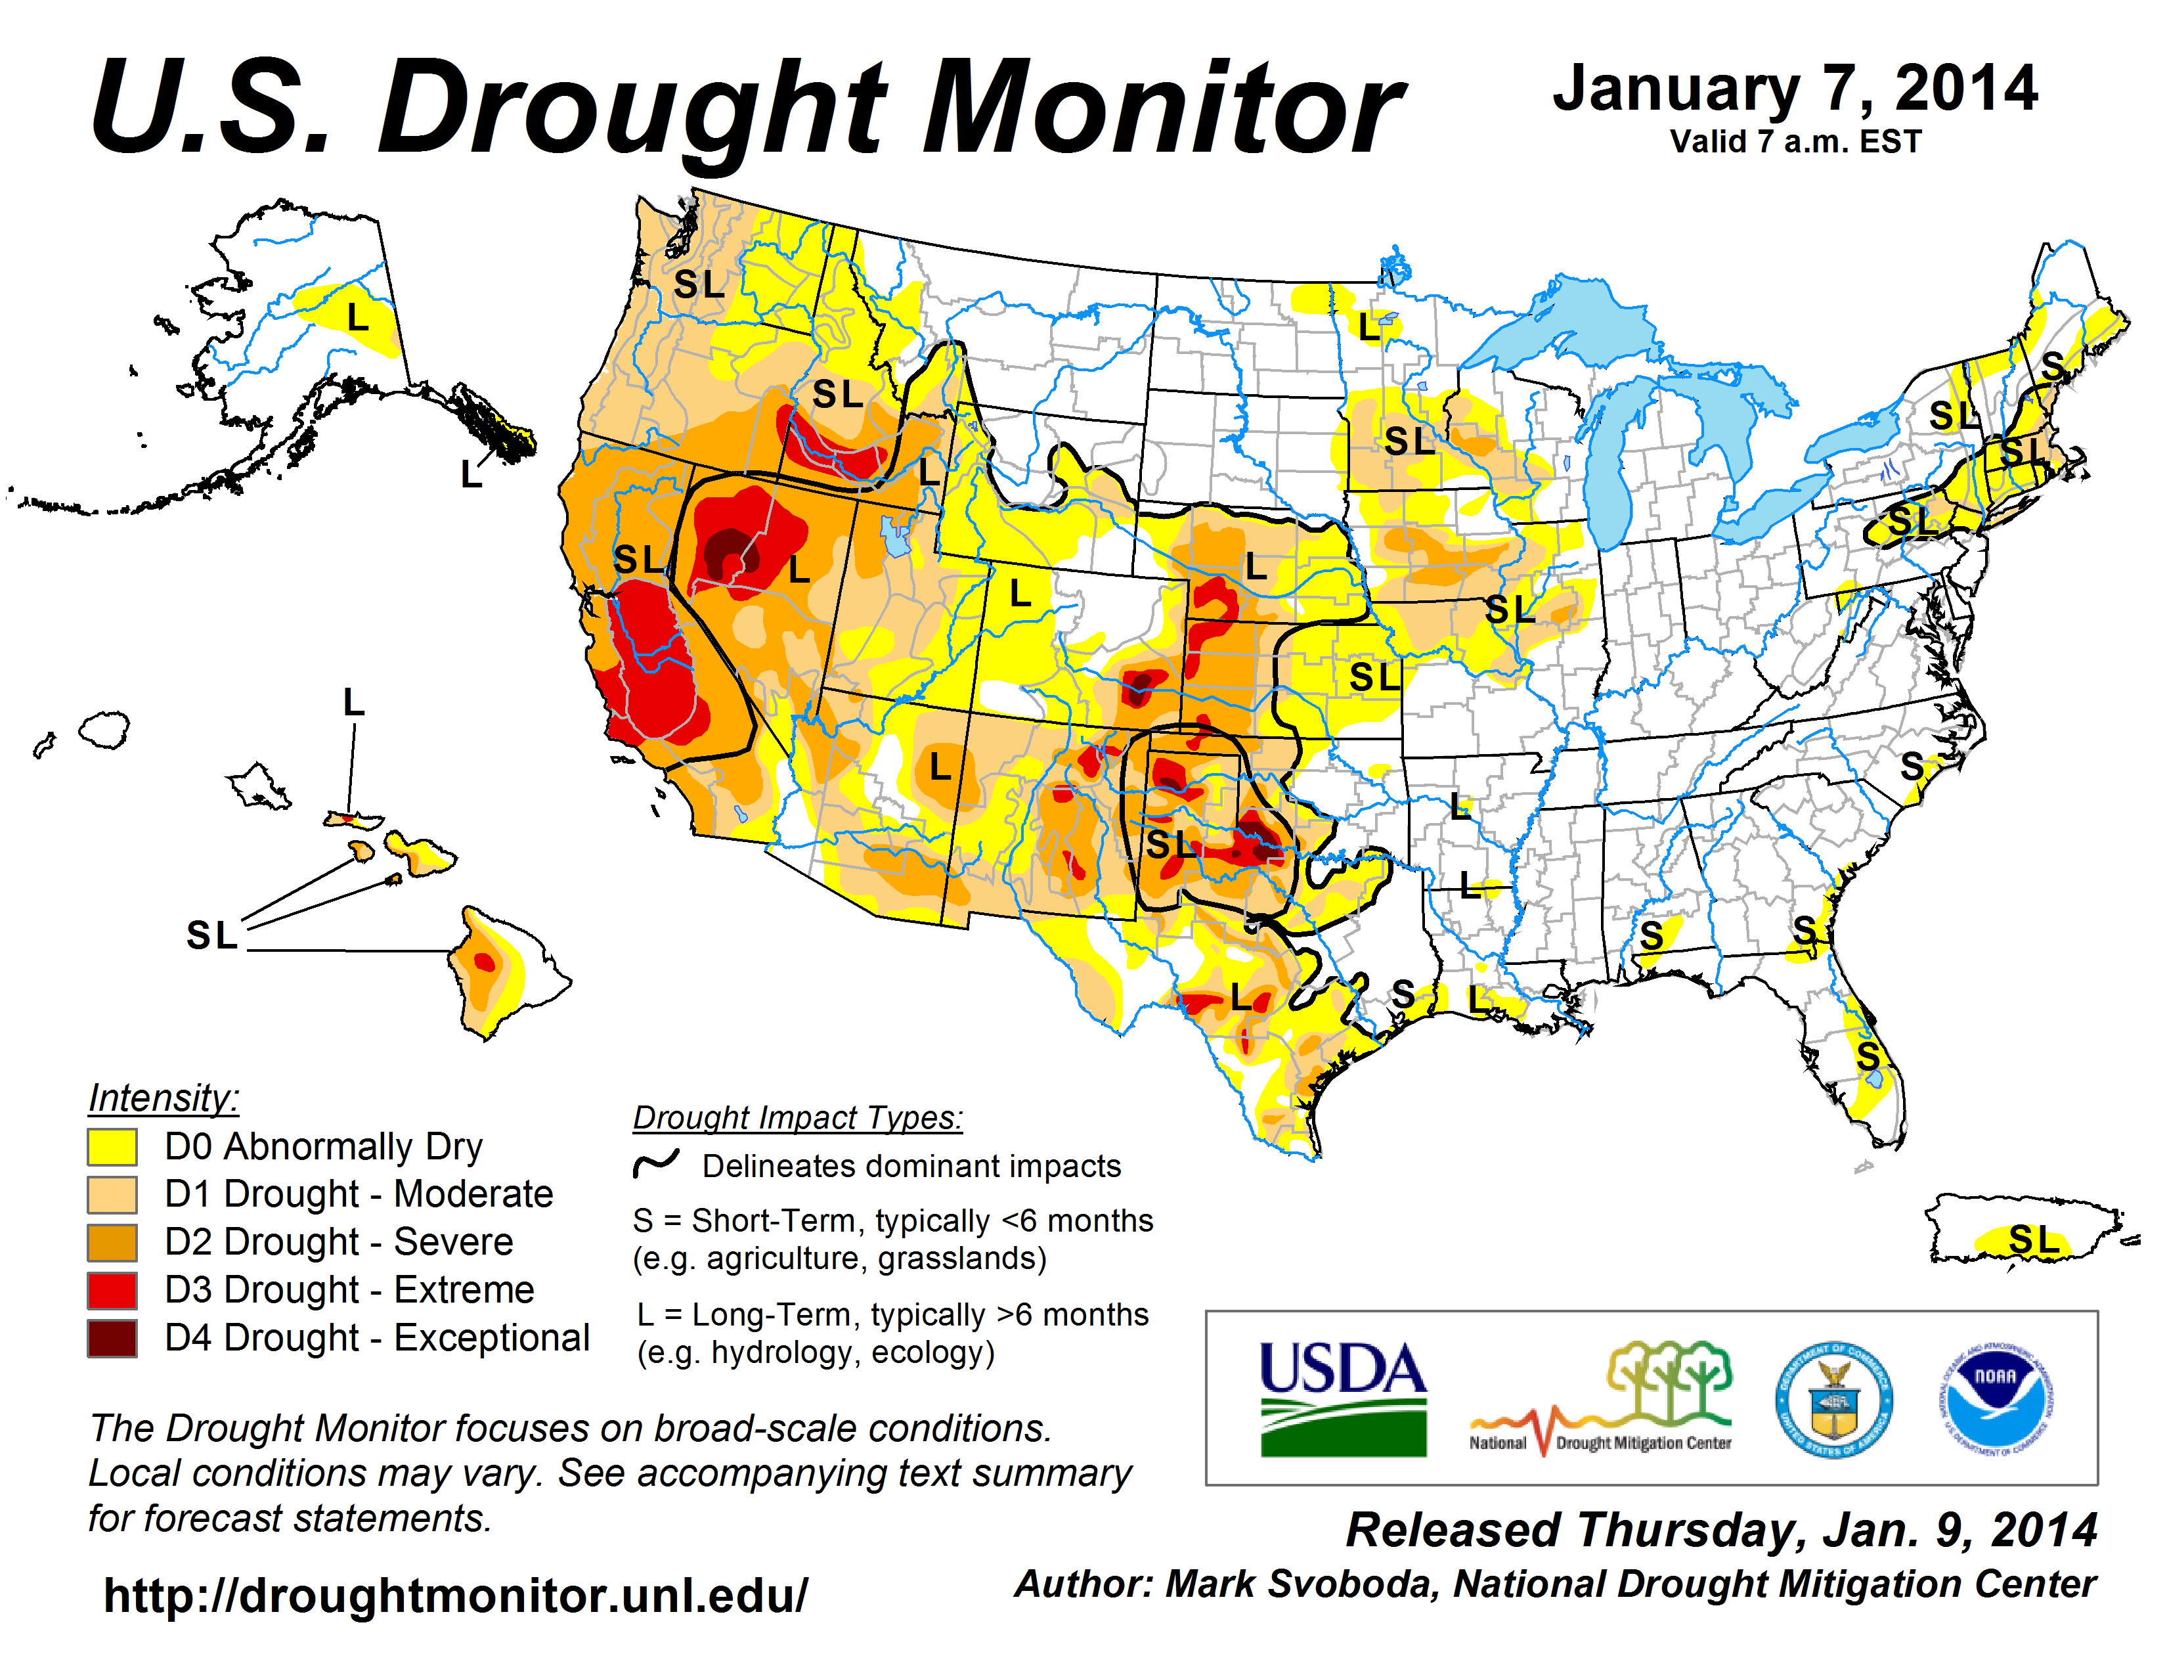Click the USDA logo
[1342, 1398]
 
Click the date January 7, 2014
[1795, 89]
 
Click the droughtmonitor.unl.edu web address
[456, 1596]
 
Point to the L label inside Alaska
[357, 317]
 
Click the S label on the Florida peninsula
[1868, 1057]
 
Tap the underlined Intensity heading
[164, 1098]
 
